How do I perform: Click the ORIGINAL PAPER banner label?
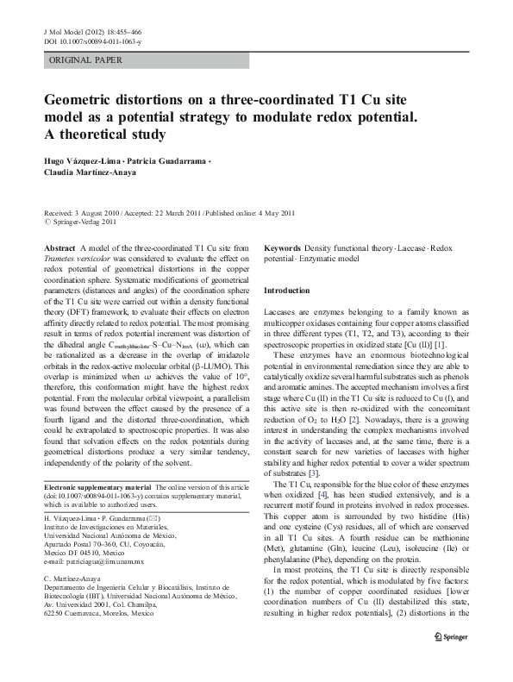(85, 60)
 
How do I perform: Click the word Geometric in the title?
(84, 99)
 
